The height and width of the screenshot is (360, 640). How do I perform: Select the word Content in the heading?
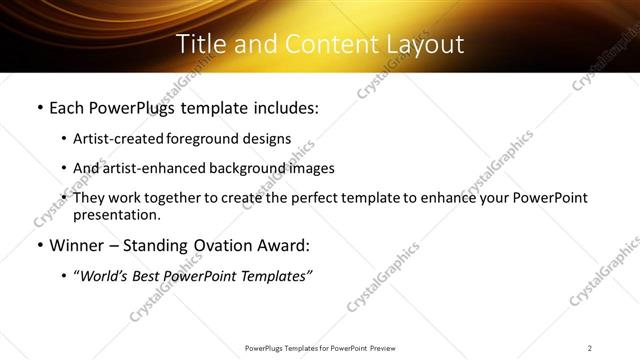point(315,45)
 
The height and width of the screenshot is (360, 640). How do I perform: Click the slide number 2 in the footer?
point(590,347)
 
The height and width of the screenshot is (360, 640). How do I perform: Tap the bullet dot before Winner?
point(38,245)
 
